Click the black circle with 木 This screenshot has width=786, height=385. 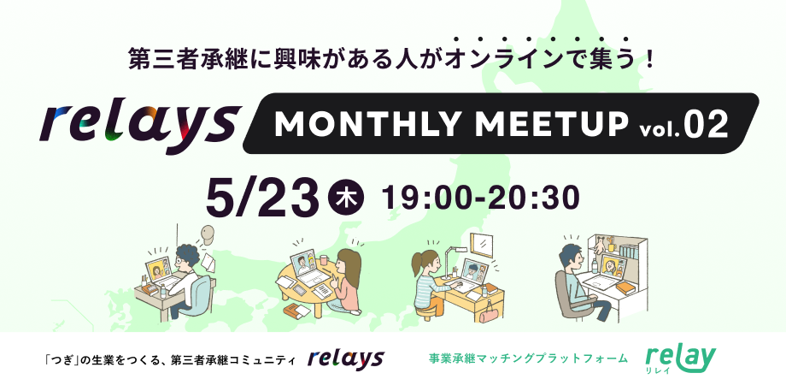[346, 198]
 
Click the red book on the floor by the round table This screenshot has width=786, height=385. [298, 310]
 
